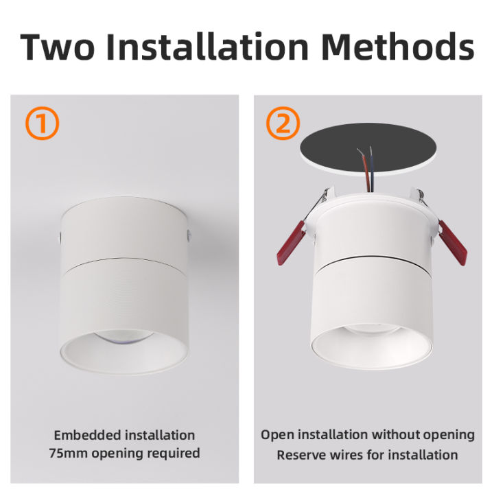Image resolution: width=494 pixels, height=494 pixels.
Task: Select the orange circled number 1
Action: click(x=42, y=124)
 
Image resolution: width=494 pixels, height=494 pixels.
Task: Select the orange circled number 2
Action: click(x=283, y=124)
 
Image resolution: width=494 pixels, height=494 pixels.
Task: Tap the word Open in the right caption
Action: click(x=276, y=435)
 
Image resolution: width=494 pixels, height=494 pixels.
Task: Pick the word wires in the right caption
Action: click(x=351, y=454)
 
